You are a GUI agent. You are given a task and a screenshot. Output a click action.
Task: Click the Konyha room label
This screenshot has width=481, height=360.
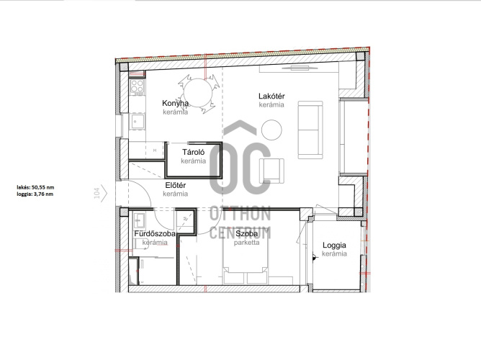pos(175,104)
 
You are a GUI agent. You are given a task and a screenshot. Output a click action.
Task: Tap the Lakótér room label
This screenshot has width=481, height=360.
pos(271,96)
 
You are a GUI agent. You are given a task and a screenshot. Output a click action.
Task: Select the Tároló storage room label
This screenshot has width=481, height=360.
pos(193,152)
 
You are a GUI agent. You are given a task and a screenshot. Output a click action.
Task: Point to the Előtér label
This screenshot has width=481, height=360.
pos(176,185)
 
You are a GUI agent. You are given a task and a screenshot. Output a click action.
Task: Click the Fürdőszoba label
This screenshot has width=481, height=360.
pos(155,234)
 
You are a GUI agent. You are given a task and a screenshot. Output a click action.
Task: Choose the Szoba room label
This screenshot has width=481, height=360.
pos(247,234)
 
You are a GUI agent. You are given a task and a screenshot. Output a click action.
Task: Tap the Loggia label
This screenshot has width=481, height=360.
pos(334,246)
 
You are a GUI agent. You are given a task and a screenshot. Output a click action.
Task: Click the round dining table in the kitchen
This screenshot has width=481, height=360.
pos(198,93)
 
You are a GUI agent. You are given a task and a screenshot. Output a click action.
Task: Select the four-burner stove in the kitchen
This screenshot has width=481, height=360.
pos(137,86)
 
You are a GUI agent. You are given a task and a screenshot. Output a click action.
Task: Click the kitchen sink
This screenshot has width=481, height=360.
pos(137,121)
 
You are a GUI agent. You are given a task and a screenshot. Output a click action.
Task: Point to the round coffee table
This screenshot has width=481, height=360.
pos(271,130)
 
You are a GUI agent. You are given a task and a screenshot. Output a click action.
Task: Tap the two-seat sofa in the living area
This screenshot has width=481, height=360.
pos(310,130)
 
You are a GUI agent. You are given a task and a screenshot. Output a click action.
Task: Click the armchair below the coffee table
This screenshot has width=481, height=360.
pos(271,171)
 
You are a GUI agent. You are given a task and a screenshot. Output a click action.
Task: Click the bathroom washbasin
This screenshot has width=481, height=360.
pos(140,220)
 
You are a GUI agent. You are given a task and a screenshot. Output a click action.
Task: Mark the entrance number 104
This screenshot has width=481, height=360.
pos(97,193)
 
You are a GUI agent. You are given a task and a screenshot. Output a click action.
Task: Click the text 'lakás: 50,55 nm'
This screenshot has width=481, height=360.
pos(35,187)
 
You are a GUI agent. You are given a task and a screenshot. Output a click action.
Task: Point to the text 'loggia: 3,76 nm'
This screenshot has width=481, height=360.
pos(35,194)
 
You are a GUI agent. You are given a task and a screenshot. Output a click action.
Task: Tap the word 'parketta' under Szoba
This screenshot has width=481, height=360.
pos(247,243)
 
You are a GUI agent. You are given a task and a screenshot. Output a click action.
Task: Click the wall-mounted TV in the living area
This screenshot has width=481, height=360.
pos(296,68)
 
